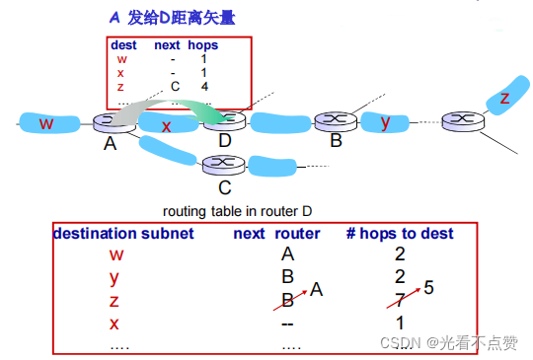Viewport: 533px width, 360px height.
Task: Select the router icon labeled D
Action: point(226,120)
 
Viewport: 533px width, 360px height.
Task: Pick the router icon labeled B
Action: point(336,120)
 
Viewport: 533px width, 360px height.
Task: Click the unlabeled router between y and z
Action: point(458,121)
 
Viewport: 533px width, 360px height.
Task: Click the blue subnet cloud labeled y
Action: point(386,121)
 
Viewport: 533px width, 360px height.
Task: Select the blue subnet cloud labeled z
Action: point(505,98)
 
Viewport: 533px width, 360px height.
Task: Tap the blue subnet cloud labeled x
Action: point(167,125)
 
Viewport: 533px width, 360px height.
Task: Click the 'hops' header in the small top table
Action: point(202,45)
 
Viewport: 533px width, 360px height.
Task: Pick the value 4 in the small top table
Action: point(202,86)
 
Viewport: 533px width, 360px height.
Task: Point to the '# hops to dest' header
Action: point(401,234)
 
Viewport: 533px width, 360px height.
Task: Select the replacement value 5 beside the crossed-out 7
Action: point(428,288)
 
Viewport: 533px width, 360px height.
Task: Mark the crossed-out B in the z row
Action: point(287,300)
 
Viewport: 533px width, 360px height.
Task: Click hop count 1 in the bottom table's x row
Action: point(401,323)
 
